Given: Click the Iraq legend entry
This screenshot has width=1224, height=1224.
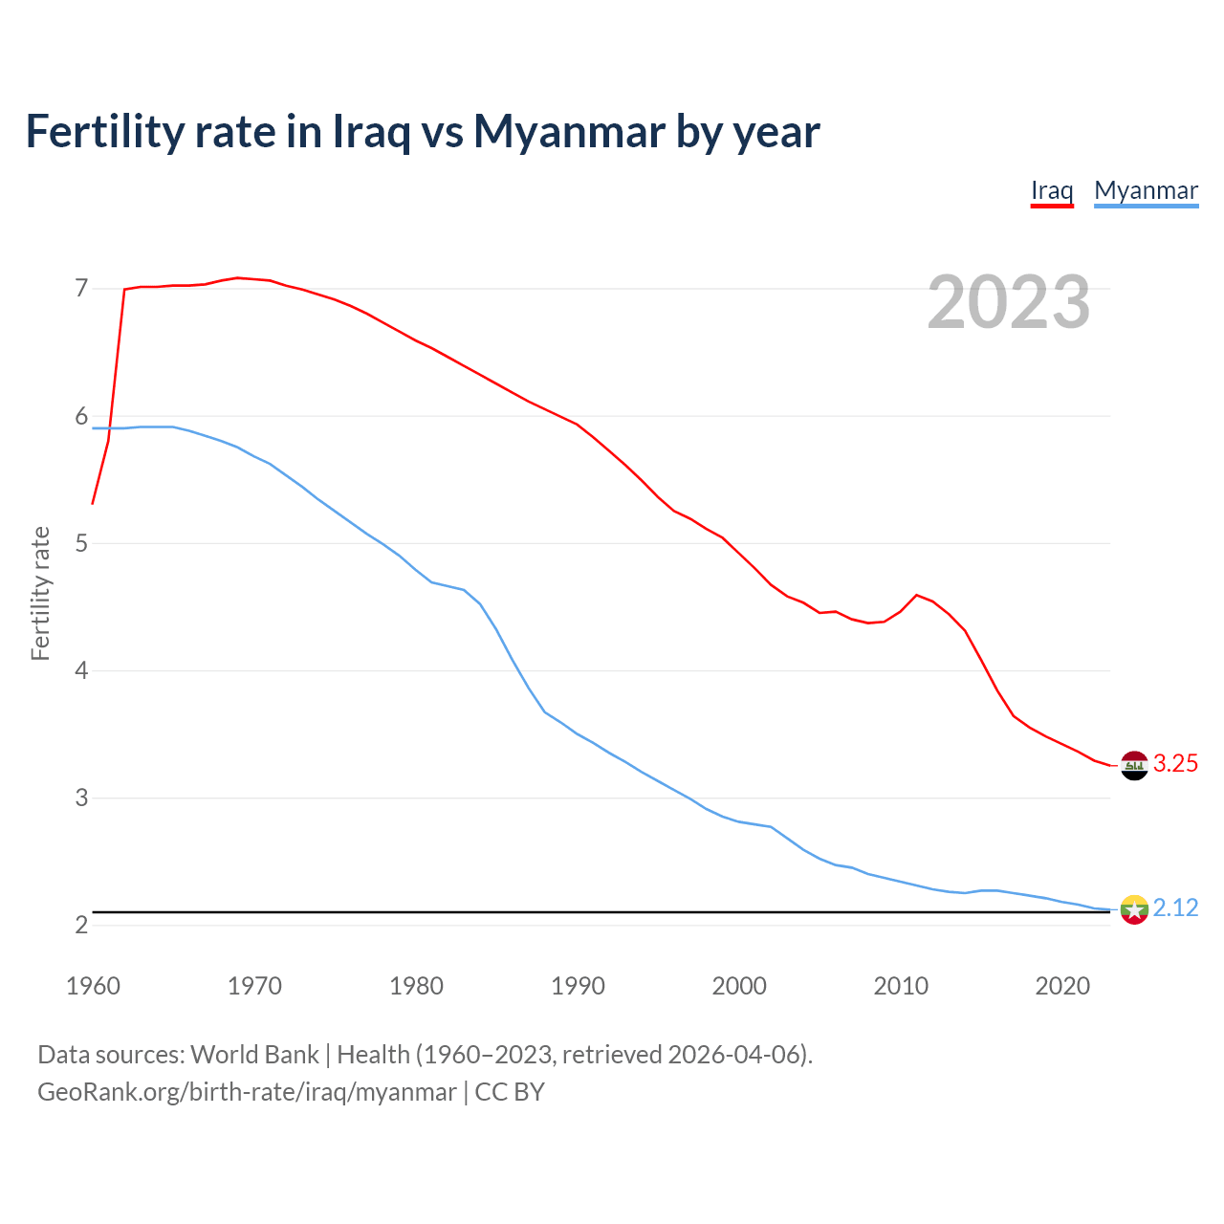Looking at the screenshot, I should (x=1052, y=190).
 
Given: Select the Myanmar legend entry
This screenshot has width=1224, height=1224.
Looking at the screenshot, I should (x=1146, y=190).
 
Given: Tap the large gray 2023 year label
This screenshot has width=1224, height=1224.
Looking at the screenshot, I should (x=1009, y=302).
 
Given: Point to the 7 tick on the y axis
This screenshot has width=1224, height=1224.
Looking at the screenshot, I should (x=81, y=288).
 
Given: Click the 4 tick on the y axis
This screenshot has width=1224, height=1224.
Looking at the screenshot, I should (x=81, y=670).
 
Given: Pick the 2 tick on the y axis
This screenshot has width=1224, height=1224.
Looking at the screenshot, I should (x=81, y=925).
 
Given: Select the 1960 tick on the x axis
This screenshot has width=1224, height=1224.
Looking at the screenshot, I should (x=93, y=986).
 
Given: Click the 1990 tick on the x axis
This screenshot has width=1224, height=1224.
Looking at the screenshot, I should (x=578, y=986).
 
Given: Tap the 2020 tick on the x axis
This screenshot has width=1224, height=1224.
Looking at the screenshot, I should (x=1062, y=986).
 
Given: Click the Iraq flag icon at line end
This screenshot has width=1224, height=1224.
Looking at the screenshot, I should (x=1134, y=765).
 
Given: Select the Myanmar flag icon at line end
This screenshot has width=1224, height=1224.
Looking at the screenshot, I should (x=1134, y=909).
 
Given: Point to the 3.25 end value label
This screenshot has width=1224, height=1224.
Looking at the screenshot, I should (x=1175, y=763).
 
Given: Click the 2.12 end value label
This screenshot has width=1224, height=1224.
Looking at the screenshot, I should (x=1175, y=907).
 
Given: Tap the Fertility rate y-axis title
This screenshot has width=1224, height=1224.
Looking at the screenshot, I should (x=40, y=593).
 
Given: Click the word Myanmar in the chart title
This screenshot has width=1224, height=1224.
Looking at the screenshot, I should (x=569, y=132).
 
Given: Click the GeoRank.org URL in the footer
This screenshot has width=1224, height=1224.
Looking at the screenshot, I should (x=247, y=1092).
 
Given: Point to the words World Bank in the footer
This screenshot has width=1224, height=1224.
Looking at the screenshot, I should (x=254, y=1055).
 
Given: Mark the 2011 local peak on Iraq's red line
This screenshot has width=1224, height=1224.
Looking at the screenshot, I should (x=917, y=595).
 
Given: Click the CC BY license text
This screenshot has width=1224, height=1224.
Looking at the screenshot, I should (x=510, y=1092).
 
